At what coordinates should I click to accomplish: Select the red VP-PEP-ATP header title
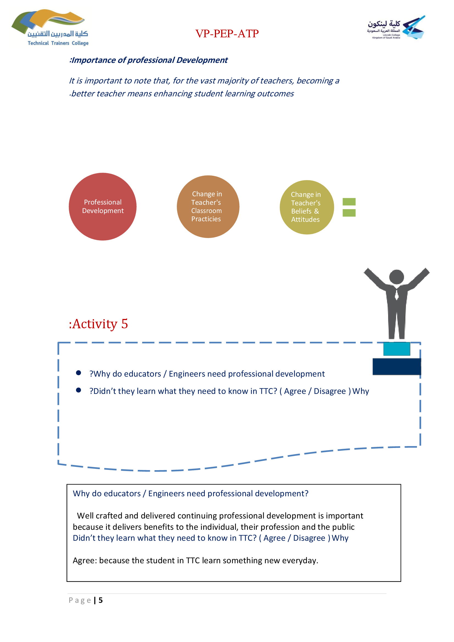point(227,33)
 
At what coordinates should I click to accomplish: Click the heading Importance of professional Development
point(148,60)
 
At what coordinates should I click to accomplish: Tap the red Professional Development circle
point(103,207)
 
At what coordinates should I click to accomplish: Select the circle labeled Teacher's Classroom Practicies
point(208,207)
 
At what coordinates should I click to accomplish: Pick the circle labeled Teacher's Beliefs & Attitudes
point(307,207)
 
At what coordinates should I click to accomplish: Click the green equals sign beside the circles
point(349,207)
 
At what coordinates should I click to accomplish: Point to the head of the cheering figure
point(396,277)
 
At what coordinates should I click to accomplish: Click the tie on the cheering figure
point(397,295)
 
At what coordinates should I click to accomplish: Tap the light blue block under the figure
point(397,349)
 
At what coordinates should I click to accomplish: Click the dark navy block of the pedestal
point(397,366)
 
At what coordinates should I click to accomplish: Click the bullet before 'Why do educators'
point(79,373)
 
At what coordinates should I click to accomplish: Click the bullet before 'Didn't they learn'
point(79,390)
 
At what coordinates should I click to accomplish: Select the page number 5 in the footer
point(101,600)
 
